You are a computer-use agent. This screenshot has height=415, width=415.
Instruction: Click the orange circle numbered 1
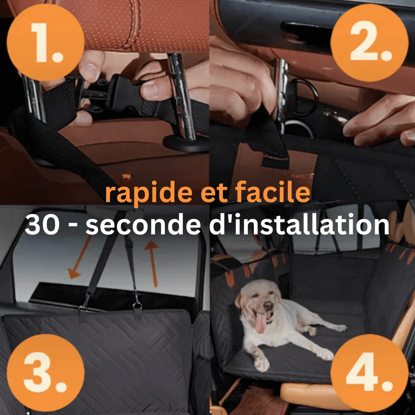pyautogui.click(x=45, y=42)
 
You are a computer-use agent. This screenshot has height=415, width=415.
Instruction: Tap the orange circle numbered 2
pyautogui.click(x=369, y=42)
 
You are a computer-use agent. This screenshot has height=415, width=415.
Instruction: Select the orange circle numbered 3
pyautogui.click(x=45, y=373)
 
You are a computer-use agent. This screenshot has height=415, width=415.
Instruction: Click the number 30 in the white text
pyautogui.click(x=42, y=225)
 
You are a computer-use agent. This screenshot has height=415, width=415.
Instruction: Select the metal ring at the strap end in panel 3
pyautogui.click(x=137, y=306)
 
